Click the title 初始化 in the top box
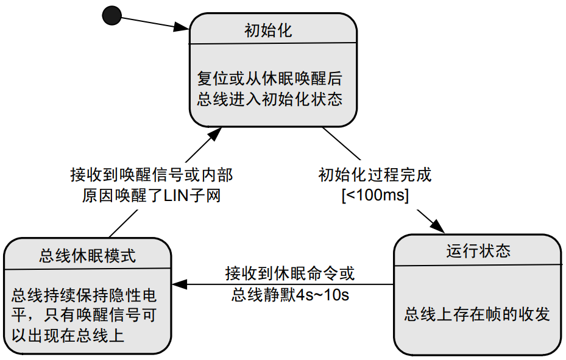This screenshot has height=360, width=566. click(x=268, y=30)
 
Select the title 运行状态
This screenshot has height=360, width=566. click(x=478, y=251)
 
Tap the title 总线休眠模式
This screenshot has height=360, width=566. click(x=87, y=255)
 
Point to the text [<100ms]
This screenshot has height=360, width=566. click(x=375, y=196)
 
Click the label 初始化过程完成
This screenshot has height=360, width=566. click(x=375, y=175)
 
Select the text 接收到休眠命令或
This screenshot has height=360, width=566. click(x=289, y=274)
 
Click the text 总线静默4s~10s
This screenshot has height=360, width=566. click(x=289, y=295)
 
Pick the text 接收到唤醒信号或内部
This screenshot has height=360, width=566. click(x=152, y=175)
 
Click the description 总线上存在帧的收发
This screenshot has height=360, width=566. click(x=477, y=314)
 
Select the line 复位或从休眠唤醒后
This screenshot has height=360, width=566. click(x=269, y=79)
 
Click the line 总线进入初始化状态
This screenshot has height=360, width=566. click(x=269, y=99)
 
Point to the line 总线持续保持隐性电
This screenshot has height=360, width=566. click(x=83, y=297)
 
